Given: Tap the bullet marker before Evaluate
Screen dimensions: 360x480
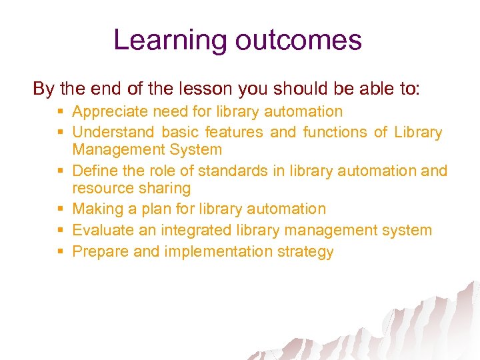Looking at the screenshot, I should pos(61,231).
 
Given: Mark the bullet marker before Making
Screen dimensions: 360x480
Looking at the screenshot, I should pos(61,209).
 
